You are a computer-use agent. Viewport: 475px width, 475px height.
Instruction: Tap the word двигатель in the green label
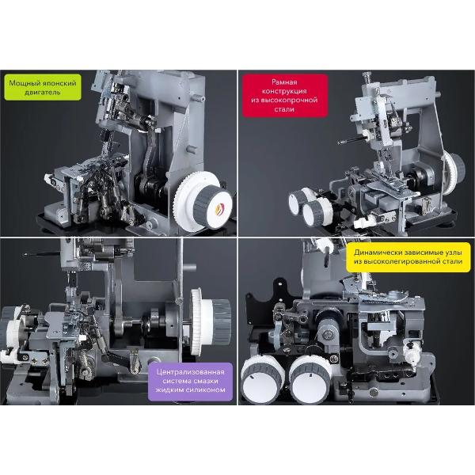43,92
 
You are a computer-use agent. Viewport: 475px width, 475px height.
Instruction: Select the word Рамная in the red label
284,82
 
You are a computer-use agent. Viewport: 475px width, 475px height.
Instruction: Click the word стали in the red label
284,109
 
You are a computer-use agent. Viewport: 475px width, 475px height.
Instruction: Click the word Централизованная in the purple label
191,372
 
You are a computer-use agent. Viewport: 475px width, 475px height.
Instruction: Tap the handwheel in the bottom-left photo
210,321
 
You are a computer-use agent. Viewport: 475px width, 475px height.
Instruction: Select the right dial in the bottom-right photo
310,380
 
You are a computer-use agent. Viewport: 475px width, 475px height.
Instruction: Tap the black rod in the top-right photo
351,140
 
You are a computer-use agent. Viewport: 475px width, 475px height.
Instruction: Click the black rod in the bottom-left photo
42,254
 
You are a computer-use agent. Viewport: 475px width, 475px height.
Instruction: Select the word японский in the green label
58,83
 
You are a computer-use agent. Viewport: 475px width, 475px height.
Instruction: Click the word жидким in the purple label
169,389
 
